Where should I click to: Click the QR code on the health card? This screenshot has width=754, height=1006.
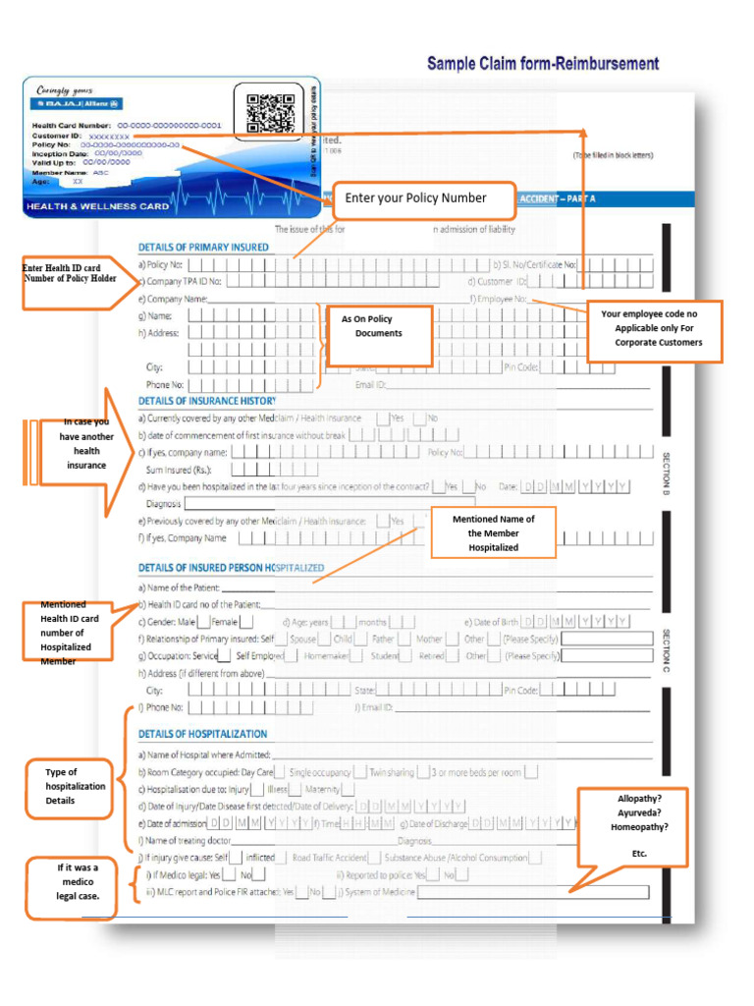click(270, 113)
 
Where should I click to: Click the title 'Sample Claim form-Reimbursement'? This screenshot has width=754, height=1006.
click(543, 64)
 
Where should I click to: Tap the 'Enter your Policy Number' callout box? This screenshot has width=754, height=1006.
click(423, 199)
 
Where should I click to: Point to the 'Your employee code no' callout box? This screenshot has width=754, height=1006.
click(654, 331)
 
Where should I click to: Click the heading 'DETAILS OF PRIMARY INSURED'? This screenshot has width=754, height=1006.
click(203, 247)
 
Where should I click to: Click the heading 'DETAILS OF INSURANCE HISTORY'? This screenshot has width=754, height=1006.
click(207, 401)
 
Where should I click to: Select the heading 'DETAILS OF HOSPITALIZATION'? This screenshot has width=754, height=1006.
click(202, 734)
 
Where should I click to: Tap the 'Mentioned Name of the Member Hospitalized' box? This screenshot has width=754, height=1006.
click(493, 532)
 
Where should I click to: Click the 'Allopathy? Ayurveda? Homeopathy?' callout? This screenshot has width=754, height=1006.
click(632, 826)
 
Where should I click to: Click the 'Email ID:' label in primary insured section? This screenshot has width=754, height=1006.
click(371, 385)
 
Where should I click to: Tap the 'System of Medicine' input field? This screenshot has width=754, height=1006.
click(533, 892)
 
